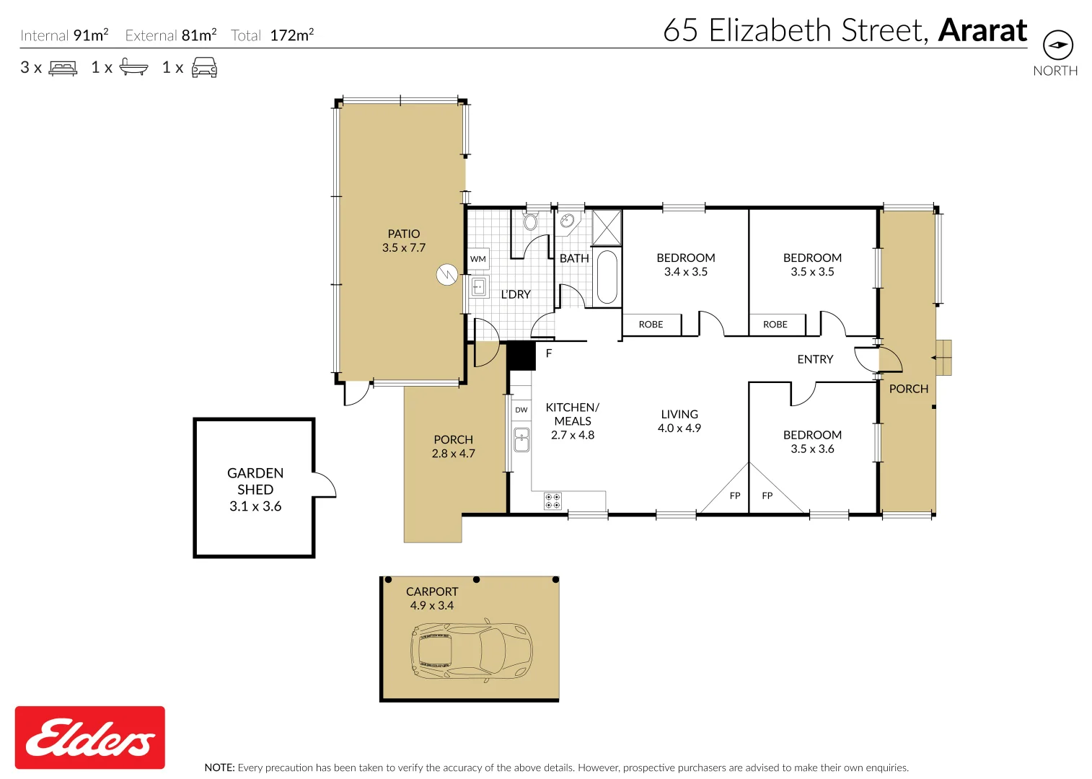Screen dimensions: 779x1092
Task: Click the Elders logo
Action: pyautogui.click(x=90, y=737)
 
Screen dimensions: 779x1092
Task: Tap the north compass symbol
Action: pyautogui.click(x=1057, y=45)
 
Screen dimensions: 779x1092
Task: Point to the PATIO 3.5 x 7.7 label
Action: pyautogui.click(x=404, y=241)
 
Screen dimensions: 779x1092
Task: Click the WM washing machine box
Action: pyautogui.click(x=478, y=259)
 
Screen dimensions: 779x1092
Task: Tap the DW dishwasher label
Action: pyautogui.click(x=521, y=410)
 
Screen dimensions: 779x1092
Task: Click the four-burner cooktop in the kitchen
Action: pyautogui.click(x=552, y=501)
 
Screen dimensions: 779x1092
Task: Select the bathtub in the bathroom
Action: pyautogui.click(x=607, y=277)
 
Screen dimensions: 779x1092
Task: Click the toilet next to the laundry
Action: pyautogui.click(x=530, y=220)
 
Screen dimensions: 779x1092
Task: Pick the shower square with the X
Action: pyautogui.click(x=607, y=227)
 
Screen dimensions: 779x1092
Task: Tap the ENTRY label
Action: pyautogui.click(x=815, y=359)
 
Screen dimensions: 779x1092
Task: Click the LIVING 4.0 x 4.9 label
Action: pyautogui.click(x=679, y=421)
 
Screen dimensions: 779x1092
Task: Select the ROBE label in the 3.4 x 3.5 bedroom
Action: pyautogui.click(x=651, y=325)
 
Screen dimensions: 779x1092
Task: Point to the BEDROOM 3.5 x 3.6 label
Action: pyautogui.click(x=812, y=441)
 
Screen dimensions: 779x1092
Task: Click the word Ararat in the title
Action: pyautogui.click(x=982, y=30)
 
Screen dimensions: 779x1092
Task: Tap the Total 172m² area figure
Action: pyautogui.click(x=273, y=35)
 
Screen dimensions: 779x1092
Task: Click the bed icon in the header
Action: pyautogui.click(x=63, y=68)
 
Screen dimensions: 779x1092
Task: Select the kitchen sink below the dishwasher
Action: pyautogui.click(x=521, y=440)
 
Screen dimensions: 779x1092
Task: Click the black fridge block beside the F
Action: pyautogui.click(x=521, y=356)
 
